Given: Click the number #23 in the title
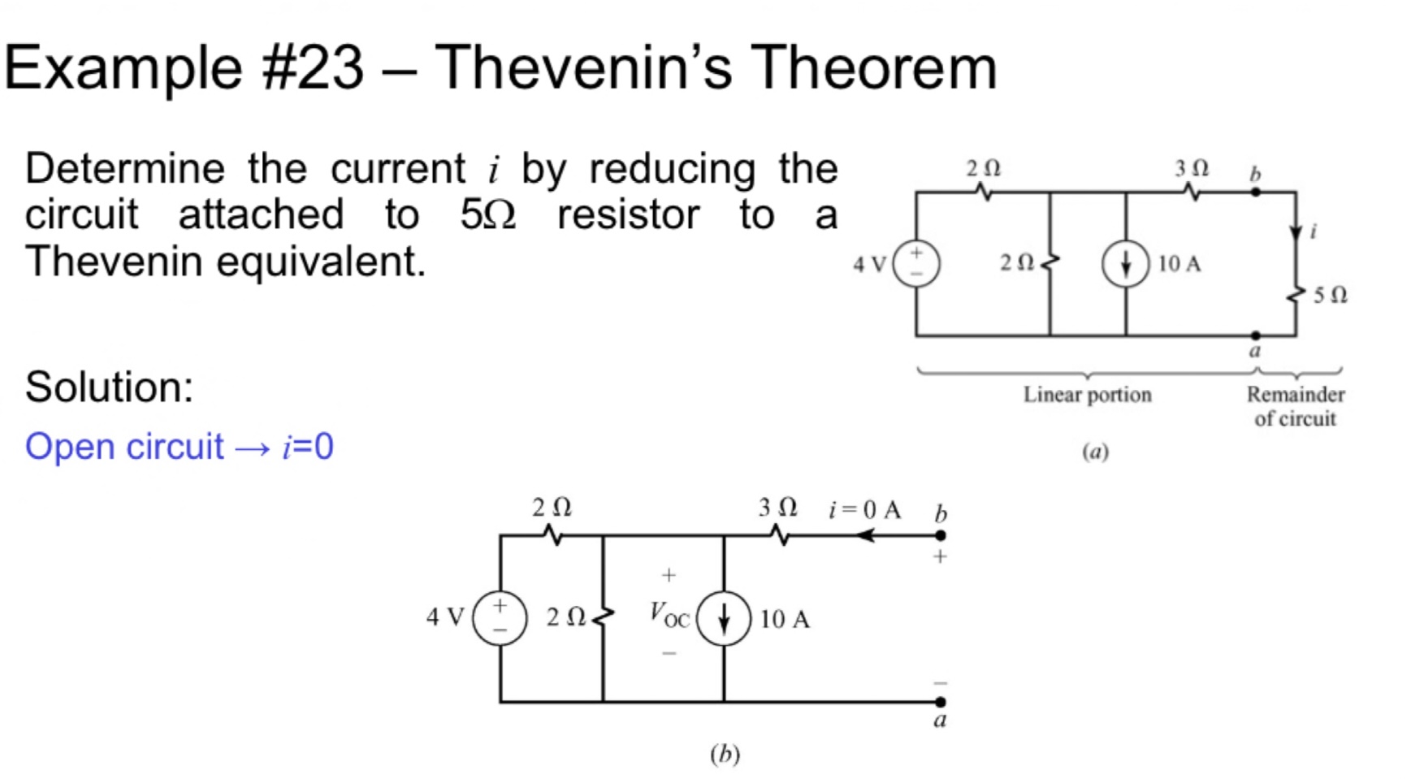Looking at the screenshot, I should pos(313,67).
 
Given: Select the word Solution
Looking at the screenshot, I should pos(109,387).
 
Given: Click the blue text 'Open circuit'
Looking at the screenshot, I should pos(123,447).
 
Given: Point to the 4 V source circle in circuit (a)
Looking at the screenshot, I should pos(916,263).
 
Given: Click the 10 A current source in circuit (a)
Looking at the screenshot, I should pos(1125,263).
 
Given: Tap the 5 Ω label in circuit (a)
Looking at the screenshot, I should pos(1330,295).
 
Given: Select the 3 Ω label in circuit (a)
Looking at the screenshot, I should pos(1191,168).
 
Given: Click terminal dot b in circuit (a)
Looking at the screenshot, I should pos(1256,193).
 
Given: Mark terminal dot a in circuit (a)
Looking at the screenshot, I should pos(1256,335).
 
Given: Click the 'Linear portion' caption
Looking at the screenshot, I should pos(1087,395).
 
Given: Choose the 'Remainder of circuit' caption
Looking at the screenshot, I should pos(1295,406).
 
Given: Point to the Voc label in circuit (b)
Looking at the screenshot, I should pos(669,615).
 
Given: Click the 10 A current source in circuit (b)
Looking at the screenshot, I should pos(723,618).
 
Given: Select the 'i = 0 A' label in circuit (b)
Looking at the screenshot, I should pos(864,509).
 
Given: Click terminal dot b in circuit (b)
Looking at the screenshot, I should pos(940,535).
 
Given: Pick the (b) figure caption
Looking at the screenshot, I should pos(725,754).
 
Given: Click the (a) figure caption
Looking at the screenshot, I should pos(1095,452).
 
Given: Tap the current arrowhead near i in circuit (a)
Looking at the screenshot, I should pos(1296,233).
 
